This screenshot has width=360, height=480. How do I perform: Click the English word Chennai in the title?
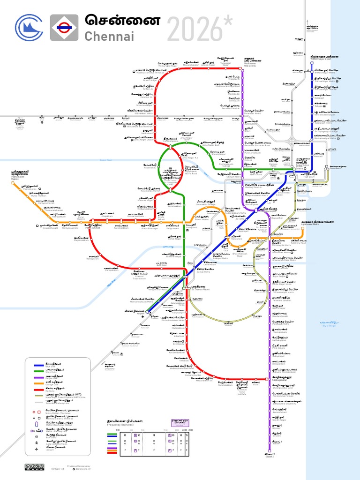(x=109, y=36)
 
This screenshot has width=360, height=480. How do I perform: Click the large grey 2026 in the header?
(x=195, y=28)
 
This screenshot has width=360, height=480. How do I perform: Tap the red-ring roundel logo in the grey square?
(x=64, y=28)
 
